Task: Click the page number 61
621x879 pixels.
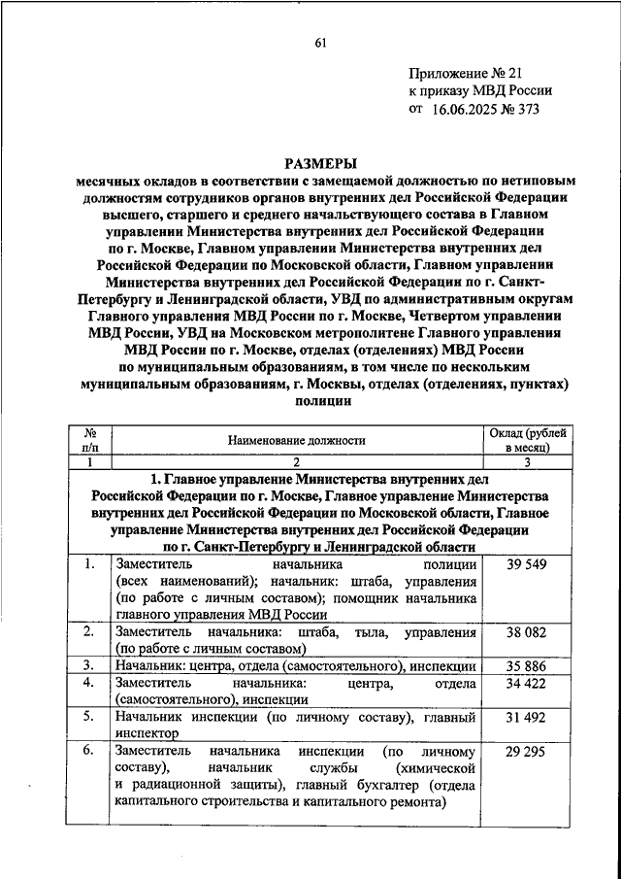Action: tap(320, 40)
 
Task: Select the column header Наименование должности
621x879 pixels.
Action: tap(297, 439)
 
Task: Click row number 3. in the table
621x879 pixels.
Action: tap(88, 665)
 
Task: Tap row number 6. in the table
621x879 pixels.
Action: tap(88, 752)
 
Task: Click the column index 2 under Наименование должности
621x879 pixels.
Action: tap(297, 462)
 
